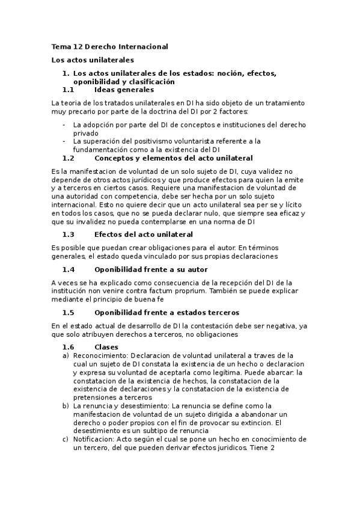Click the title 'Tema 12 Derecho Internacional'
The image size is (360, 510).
pyautogui.click(x=109, y=46)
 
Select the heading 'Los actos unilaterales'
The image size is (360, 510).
pyautogui.click(x=93, y=60)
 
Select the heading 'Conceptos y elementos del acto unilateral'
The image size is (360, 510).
pyautogui.click(x=174, y=158)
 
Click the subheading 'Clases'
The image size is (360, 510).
pyautogui.click(x=106, y=347)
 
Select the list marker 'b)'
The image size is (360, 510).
pyautogui.click(x=66, y=406)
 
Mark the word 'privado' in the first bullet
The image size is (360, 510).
pyautogui.click(x=86, y=133)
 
